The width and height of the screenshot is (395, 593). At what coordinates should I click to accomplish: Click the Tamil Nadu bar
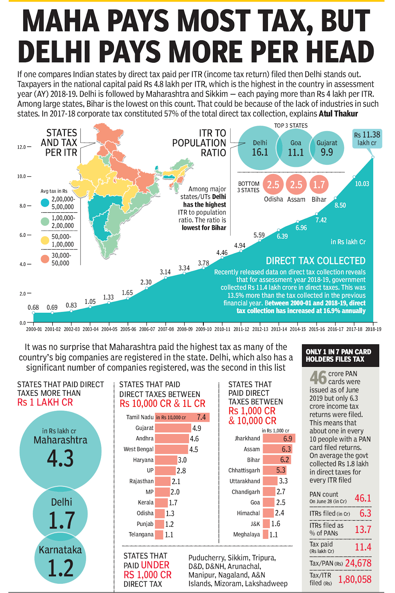pos(182,417)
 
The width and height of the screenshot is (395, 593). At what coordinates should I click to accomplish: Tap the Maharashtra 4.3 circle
pos(60,450)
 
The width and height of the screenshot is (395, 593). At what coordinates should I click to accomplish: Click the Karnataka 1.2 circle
pos(60,560)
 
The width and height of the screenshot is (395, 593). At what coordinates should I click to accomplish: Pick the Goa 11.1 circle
pos(296,148)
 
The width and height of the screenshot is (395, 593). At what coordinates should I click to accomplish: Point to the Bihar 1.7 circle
pos(319,185)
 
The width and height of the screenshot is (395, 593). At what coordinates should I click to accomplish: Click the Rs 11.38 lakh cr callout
pos(367,139)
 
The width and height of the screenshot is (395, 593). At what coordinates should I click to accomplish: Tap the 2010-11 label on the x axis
pos(222,329)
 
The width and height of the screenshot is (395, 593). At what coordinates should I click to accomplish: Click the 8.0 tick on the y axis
pos(23,206)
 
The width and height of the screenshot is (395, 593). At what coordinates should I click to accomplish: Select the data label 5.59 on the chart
pos(259,235)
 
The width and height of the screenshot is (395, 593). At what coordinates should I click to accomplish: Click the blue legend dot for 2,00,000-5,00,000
pos(45,203)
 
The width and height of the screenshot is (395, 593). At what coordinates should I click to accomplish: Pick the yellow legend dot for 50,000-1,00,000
pos(45,240)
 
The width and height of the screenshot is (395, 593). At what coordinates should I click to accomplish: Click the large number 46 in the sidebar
pos(318,378)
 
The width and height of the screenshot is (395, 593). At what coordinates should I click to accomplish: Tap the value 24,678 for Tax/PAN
pos(358,563)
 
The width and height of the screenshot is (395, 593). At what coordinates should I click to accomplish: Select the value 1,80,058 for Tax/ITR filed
pos(355,579)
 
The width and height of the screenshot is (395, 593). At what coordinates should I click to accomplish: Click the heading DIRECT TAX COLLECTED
pos(315,261)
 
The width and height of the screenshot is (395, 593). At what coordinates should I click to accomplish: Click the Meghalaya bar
pos(266,534)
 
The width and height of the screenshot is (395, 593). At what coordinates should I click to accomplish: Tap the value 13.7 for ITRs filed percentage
pos(363,529)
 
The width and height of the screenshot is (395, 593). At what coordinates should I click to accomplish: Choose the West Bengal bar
pos(172,449)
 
